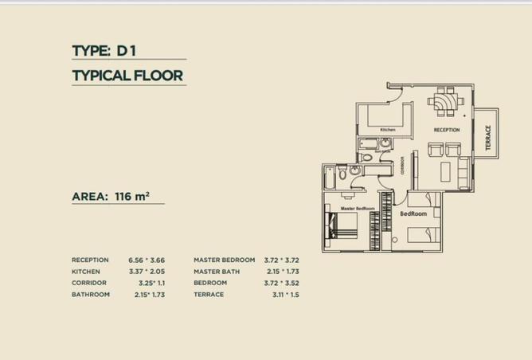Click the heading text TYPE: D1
point(104,51)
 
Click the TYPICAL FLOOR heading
point(127,76)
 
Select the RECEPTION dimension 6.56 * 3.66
point(146,260)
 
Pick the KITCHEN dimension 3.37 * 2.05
point(146,272)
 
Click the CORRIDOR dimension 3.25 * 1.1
point(145,283)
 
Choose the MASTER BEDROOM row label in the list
point(224,260)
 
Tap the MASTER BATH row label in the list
point(217,272)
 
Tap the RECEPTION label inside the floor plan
point(447,129)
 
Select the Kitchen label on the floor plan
point(388,130)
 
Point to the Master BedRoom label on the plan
point(358,209)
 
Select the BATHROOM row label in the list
point(91,295)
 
